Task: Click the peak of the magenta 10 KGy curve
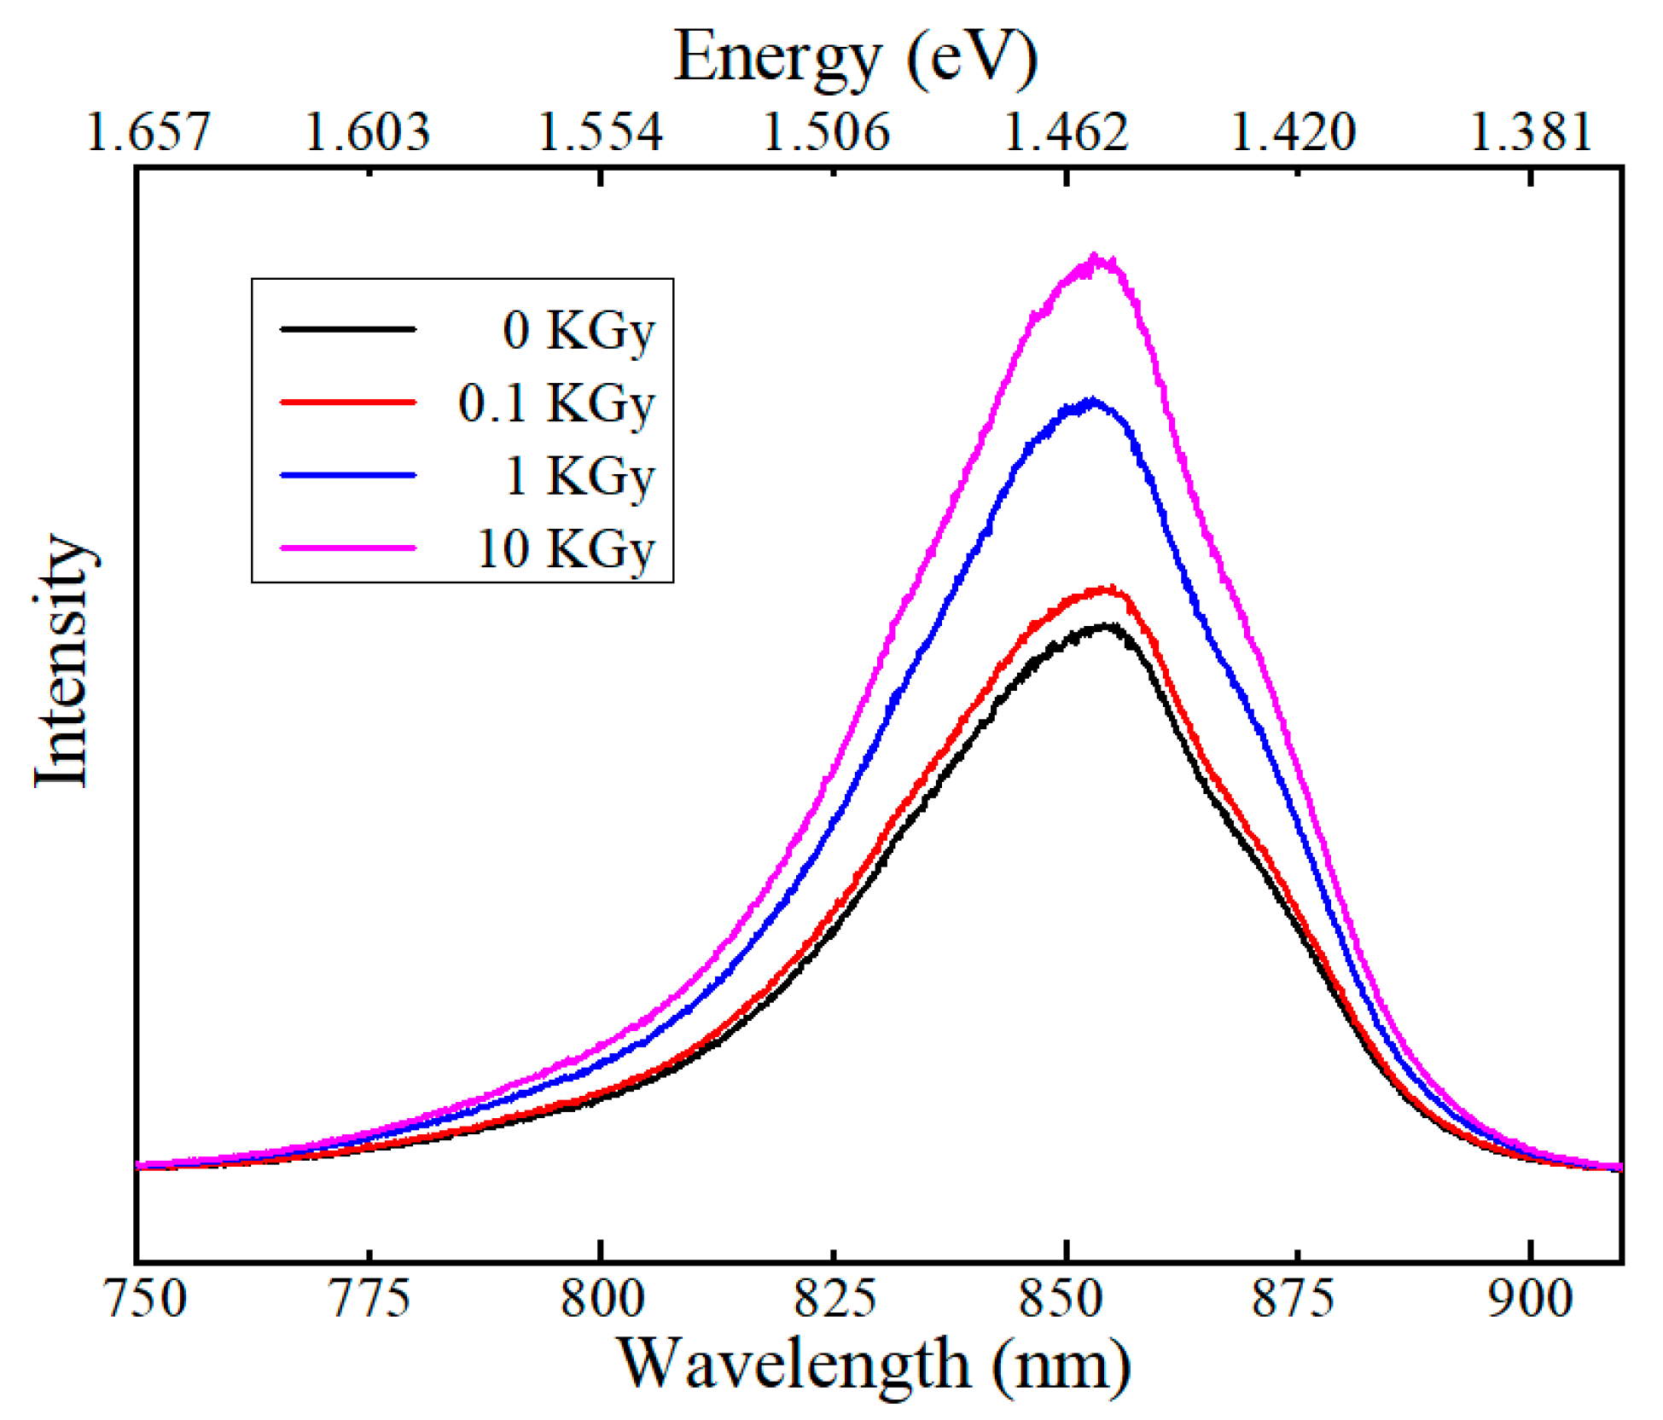point(1094,258)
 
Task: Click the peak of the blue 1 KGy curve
point(1091,401)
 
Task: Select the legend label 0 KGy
point(578,330)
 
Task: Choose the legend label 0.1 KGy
point(555,403)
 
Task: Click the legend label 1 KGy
point(579,476)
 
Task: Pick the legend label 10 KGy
point(565,548)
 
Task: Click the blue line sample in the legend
point(348,475)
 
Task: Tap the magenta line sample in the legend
point(348,548)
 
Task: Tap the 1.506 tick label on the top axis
point(825,133)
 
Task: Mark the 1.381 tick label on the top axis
point(1531,133)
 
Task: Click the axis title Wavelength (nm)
point(874,1365)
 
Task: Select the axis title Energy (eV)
point(856,58)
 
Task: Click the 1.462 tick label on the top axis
point(1066,133)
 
